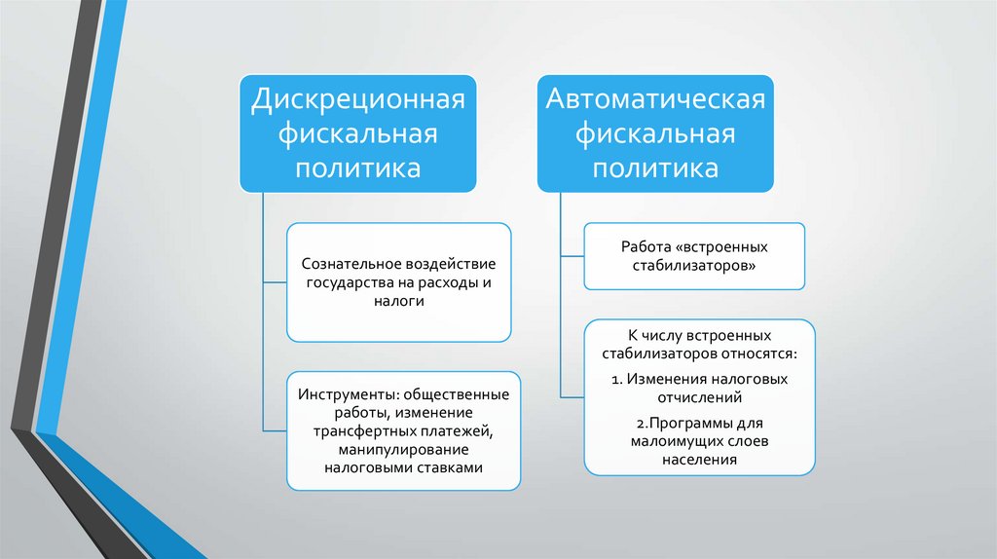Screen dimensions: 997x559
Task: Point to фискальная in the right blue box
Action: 655,133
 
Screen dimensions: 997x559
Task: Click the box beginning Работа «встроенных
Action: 694,255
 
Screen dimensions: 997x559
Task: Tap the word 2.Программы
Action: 680,424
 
